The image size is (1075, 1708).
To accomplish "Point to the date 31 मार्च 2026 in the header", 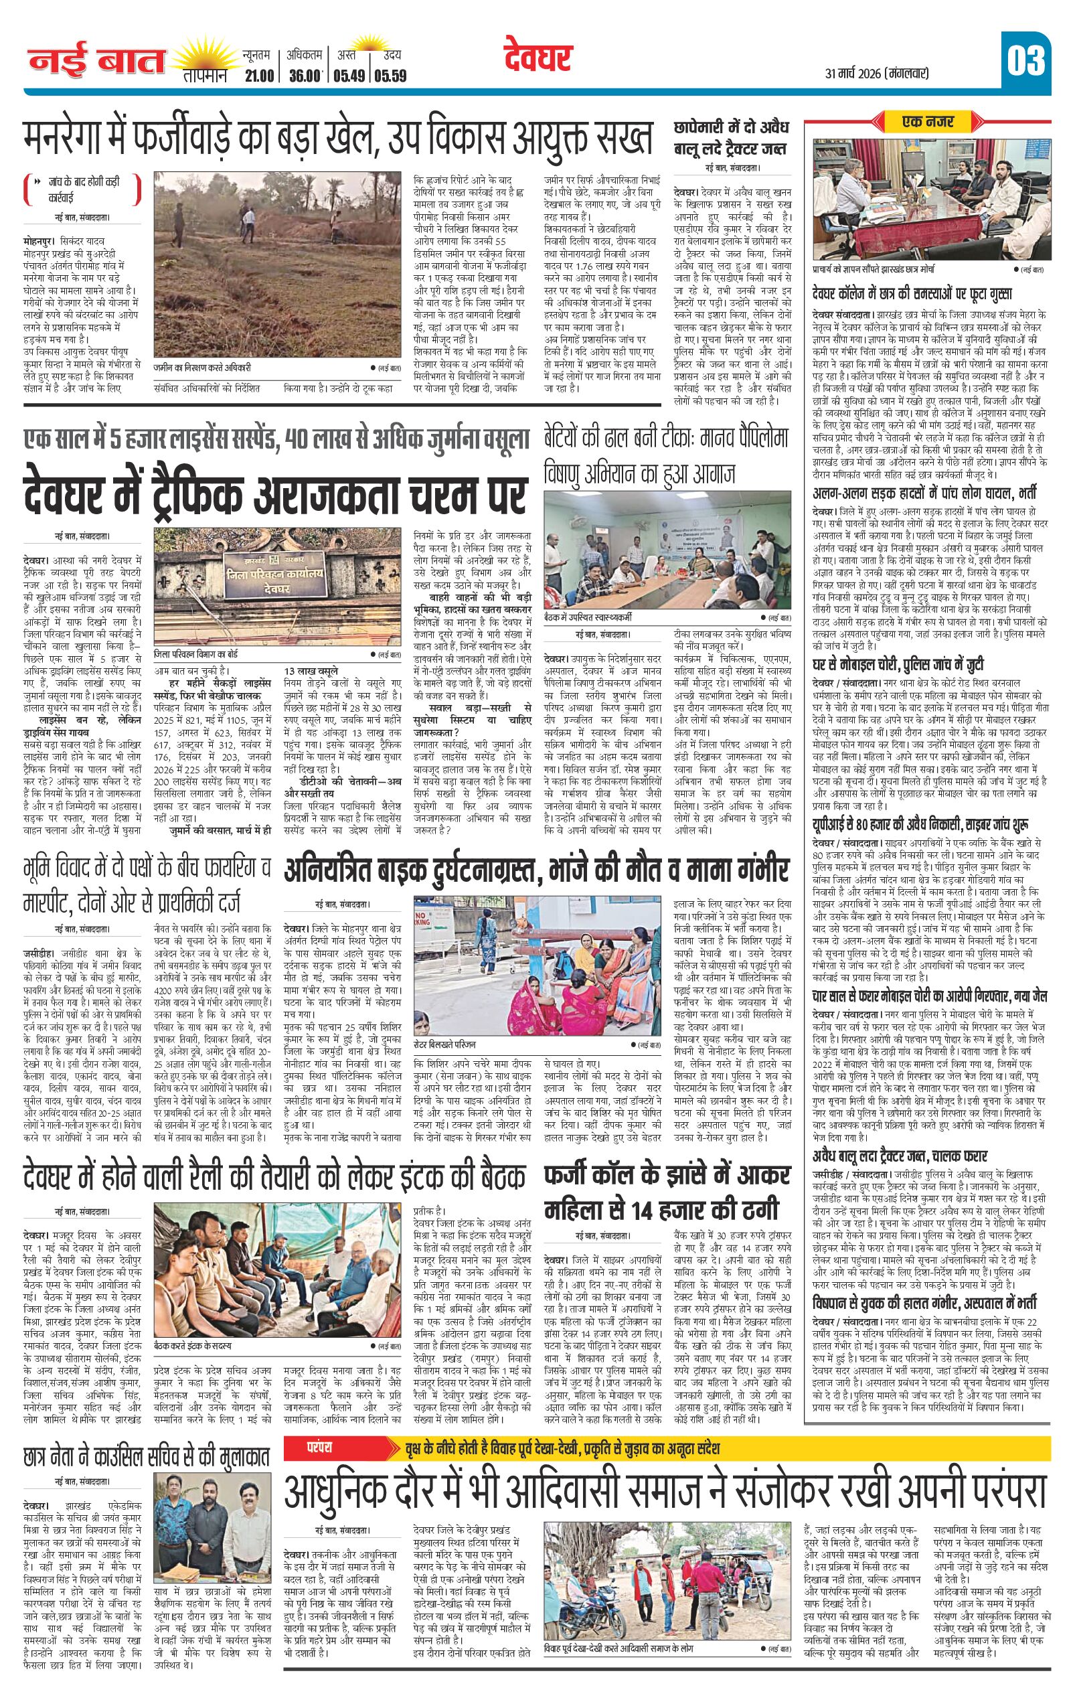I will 876,73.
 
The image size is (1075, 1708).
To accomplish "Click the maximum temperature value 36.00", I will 305,75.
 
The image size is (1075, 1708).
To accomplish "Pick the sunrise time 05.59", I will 391,75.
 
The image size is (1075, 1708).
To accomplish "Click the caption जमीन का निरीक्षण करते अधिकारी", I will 202,368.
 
